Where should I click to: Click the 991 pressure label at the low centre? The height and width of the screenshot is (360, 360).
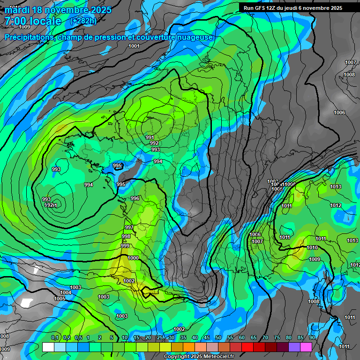pyautogui.click(x=150, y=137)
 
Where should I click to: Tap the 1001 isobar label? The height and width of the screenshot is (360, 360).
pyautogui.click(x=134, y=46)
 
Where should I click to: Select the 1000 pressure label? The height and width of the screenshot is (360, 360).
pyautogui.click(x=133, y=258)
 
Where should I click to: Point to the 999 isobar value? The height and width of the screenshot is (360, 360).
pyautogui.click(x=125, y=246)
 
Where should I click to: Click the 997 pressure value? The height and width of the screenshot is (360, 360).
pyautogui.click(x=129, y=227)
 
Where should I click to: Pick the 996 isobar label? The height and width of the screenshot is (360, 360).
pyautogui.click(x=135, y=198)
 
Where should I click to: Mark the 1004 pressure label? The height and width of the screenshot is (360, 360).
pyautogui.click(x=66, y=292)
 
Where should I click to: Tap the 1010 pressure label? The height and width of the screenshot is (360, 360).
pyautogui.click(x=312, y=247)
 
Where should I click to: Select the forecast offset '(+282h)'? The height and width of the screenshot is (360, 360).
pyautogui.click(x=83, y=21)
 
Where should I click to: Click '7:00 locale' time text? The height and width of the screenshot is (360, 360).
pyautogui.click(x=33, y=21)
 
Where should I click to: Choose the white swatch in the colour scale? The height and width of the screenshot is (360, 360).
pyautogui.click(x=48, y=347)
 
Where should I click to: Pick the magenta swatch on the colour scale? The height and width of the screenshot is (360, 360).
pyautogui.click(x=306, y=347)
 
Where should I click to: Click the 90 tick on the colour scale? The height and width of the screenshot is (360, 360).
pyautogui.click(x=312, y=338)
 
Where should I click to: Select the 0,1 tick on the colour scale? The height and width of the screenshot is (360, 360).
pyautogui.click(x=55, y=338)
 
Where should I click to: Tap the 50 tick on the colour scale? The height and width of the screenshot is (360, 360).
pyautogui.click(x=218, y=338)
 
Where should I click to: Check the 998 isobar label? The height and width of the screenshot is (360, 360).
pyautogui.click(x=126, y=236)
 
